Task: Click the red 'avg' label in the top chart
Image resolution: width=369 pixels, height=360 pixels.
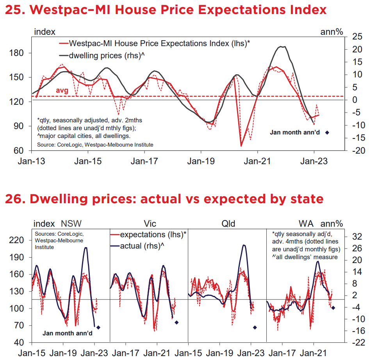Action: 62,91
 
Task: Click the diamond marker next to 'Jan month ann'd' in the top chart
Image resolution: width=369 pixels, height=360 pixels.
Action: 327,133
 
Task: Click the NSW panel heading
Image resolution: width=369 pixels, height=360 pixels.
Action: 71,224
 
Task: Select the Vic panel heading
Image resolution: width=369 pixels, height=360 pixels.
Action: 150,224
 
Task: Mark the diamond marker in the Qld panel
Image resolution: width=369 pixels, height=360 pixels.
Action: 255,327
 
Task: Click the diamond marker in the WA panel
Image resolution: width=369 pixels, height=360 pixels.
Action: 333,308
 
